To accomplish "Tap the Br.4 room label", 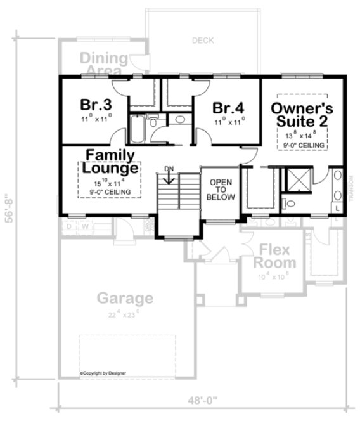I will [x=226, y=107].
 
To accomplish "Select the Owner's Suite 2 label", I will [x=302, y=113].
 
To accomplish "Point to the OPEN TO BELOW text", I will [x=220, y=188].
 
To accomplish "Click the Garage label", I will [x=125, y=297].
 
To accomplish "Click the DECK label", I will [x=203, y=41].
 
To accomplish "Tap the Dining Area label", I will [x=105, y=63].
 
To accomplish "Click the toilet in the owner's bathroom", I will [x=289, y=203].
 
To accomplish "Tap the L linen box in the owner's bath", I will [x=337, y=208].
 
